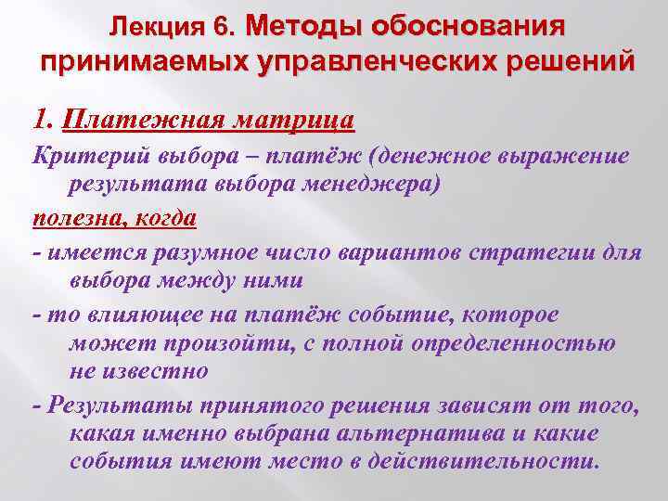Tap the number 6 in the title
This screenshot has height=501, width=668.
pyautogui.click(x=223, y=25)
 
